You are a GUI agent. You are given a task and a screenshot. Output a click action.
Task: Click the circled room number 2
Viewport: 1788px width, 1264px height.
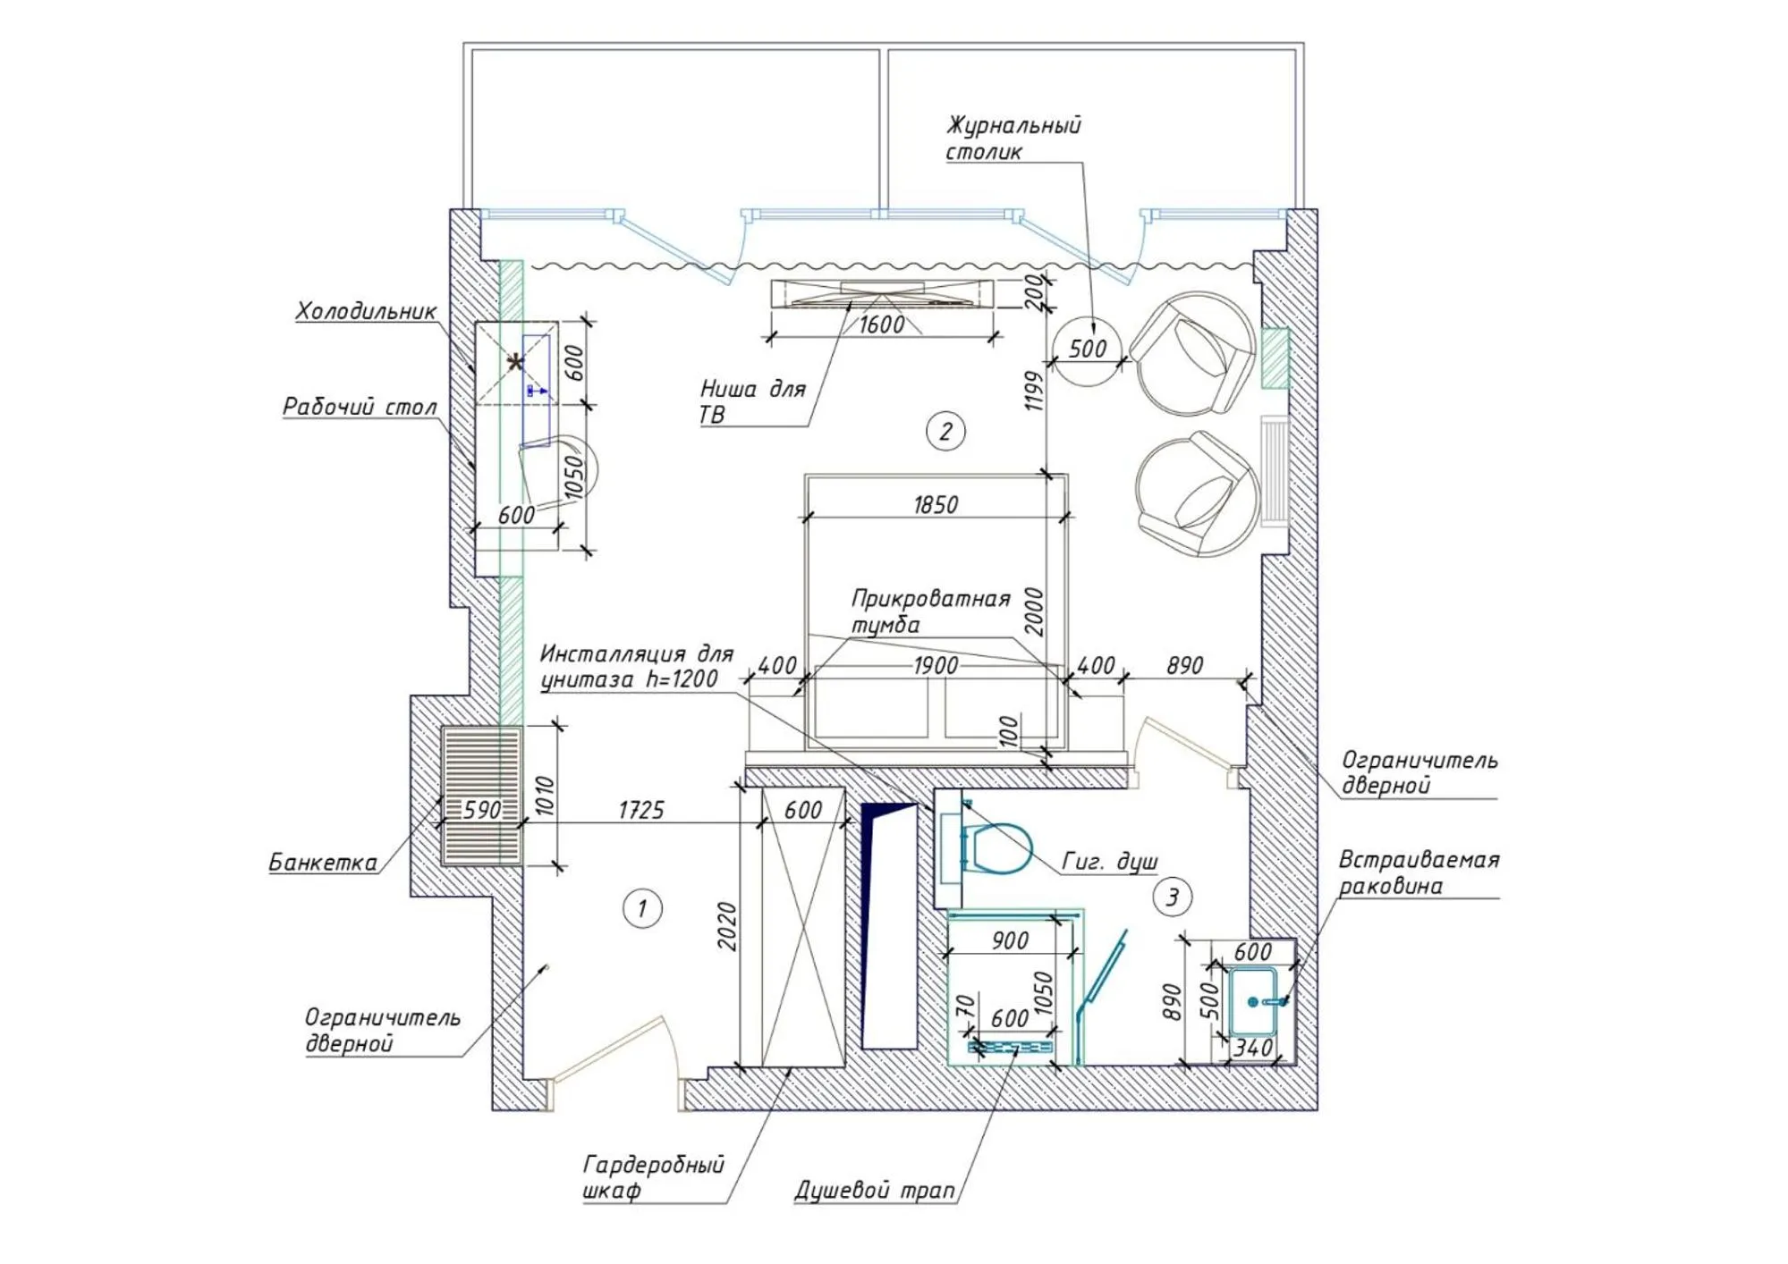pos(945,432)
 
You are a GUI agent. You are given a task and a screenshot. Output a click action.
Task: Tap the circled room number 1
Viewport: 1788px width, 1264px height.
pos(641,908)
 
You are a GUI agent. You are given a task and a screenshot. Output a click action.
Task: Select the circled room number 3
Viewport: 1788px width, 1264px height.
pos(1172,896)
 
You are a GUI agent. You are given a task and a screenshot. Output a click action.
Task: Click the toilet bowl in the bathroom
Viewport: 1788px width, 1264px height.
pos(999,847)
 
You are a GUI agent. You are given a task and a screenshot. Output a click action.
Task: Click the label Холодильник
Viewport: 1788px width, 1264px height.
pos(366,311)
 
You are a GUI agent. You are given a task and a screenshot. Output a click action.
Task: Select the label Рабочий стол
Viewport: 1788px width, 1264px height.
pos(360,407)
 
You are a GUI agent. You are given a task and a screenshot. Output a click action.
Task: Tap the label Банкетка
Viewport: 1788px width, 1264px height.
pos(323,862)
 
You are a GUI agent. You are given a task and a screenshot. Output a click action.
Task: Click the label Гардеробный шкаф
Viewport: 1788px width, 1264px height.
pos(653,1177)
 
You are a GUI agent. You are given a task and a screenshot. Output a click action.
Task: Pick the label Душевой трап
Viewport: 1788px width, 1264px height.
pos(875,1191)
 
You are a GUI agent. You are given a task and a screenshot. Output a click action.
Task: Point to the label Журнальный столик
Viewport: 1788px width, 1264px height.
pos(1013,138)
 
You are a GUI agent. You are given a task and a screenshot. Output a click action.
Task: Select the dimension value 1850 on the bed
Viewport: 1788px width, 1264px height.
pos(936,505)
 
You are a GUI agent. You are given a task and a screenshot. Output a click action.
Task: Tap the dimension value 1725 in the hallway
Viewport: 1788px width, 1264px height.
pos(641,810)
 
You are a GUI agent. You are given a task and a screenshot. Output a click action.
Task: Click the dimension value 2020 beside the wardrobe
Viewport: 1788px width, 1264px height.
pos(727,926)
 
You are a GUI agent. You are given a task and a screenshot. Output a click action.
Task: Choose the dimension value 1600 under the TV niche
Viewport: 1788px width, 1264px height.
pos(881,324)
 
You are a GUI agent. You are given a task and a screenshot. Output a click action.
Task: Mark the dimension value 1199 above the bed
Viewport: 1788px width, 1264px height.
pos(1035,391)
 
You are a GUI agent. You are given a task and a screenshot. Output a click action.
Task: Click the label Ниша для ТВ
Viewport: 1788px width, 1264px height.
pos(752,401)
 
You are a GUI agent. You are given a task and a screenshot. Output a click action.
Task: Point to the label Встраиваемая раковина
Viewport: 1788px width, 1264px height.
pos(1418,872)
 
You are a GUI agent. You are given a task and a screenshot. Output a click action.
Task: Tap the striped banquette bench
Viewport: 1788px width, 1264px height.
pos(481,796)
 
